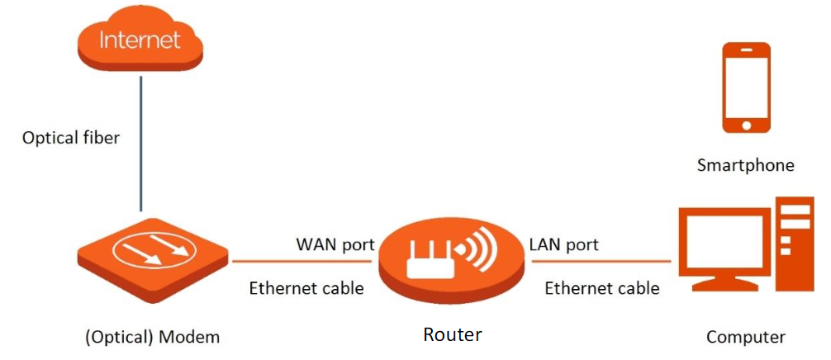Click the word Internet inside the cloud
pos(139,40)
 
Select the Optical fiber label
pos(71,138)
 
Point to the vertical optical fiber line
pos(140,140)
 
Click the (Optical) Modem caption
pos(153,337)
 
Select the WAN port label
pos(335,244)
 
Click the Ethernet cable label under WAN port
pos(306,288)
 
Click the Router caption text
pos(452,334)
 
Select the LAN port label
pos(563,244)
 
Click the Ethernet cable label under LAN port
pos(601,288)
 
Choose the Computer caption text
pos(745,337)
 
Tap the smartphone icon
pos(746,88)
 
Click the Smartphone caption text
pos(745,165)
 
